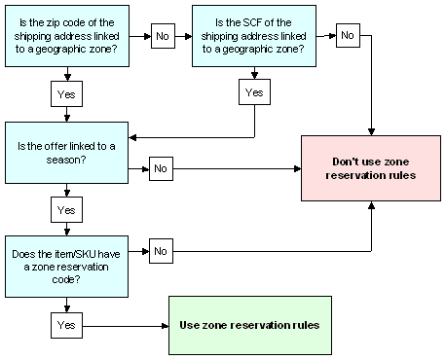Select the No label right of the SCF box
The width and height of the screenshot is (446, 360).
pos(345,36)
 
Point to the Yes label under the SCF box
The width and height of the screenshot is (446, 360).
pos(254,92)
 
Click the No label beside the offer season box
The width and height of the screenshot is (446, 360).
pos(161,167)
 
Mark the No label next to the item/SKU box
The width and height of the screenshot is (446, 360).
pos(161,250)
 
